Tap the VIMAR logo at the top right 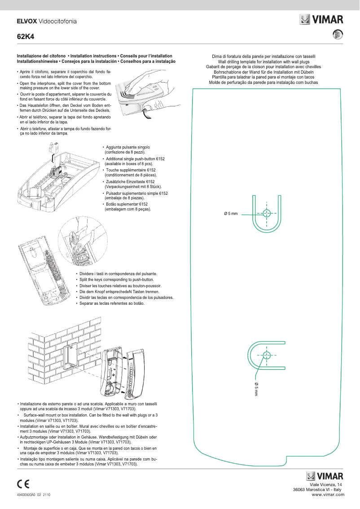tap(322, 20)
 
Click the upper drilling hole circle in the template tap(267, 213)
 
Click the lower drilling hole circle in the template tap(267, 355)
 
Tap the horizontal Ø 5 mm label tap(230, 214)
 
